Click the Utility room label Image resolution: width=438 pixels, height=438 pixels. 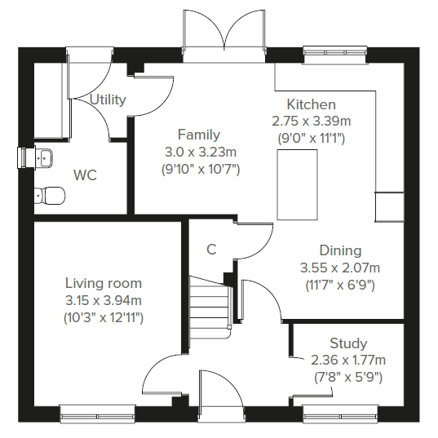click(x=108, y=100)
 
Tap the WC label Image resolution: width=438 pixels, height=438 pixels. click(x=85, y=175)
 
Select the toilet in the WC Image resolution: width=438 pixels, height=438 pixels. click(x=50, y=195)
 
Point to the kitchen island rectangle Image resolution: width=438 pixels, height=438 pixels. click(x=297, y=184)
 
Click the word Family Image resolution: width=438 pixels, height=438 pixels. click(x=199, y=135)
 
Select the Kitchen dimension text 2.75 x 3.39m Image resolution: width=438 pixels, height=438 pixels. click(x=312, y=122)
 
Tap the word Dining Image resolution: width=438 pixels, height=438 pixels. click(x=340, y=250)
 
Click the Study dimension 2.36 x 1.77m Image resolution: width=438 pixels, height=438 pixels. click(x=348, y=361)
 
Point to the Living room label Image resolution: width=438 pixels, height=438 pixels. click(x=104, y=283)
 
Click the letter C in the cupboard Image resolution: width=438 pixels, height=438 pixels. click(x=211, y=250)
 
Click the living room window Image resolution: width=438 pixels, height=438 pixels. click(x=98, y=413)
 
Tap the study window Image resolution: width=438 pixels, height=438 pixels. click(x=340, y=413)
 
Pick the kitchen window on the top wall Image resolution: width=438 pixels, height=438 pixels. click(x=334, y=55)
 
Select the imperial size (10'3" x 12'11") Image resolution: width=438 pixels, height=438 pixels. click(x=104, y=318)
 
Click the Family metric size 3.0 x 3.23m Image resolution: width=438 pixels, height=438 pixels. click(x=201, y=153)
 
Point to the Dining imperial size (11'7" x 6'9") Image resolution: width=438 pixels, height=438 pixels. click(x=340, y=285)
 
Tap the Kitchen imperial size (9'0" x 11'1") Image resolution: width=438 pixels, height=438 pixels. click(x=312, y=139)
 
